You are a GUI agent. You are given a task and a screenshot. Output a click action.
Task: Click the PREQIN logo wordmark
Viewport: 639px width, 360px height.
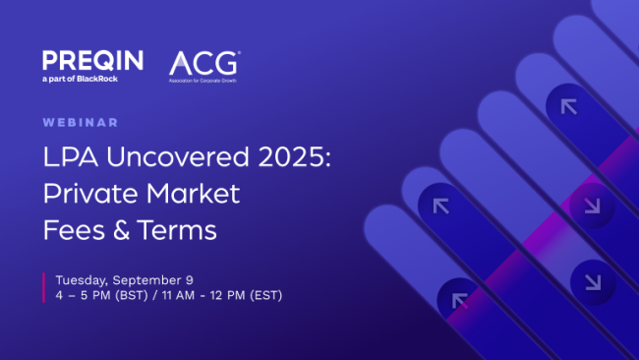pos(91,60)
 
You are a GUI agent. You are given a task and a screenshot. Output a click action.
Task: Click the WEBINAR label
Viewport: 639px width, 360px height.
pos(81,123)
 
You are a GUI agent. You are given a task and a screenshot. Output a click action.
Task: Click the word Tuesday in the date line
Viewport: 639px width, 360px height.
pos(86,278)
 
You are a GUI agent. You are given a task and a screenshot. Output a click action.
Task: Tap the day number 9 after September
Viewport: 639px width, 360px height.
pos(203,278)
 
